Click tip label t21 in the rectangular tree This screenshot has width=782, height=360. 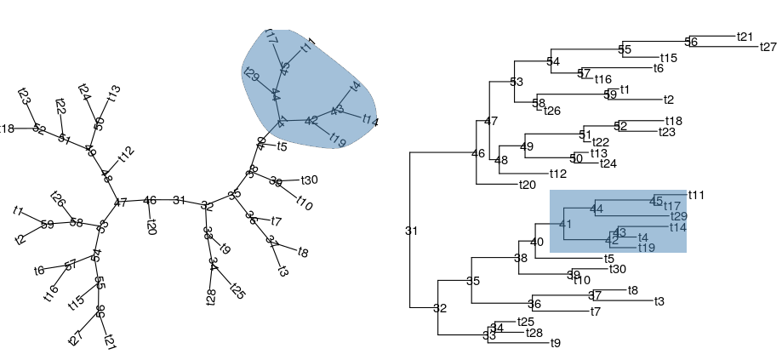745,37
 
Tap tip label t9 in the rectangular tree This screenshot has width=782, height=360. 556,343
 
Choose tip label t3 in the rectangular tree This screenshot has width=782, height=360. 659,301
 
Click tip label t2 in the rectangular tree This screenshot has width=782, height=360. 669,100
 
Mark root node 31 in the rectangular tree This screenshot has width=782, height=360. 412,231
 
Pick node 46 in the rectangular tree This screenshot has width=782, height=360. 477,154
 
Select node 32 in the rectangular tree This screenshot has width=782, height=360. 440,308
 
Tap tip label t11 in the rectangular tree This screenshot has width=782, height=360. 696,195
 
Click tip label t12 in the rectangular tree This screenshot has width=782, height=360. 557,174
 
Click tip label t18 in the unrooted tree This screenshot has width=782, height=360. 7,129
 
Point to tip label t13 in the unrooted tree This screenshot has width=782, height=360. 113,93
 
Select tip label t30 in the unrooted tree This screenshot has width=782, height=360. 309,180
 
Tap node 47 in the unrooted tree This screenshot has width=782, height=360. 120,203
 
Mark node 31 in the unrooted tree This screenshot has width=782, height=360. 179,200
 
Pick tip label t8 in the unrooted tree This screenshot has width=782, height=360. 303,252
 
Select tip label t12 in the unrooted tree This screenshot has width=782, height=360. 126,154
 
